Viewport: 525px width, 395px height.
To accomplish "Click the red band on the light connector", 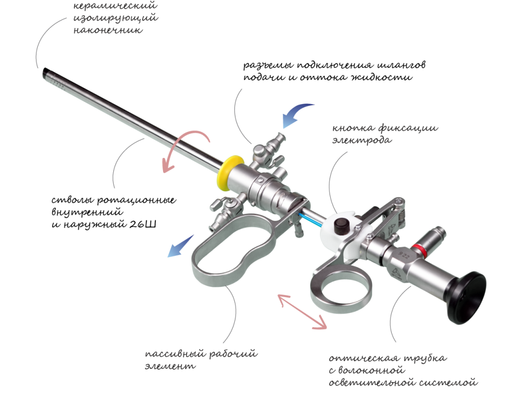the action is coord(418,250).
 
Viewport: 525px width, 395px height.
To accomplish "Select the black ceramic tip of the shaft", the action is coord(45,72).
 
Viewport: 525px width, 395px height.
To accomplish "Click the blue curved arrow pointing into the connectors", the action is coord(295,114).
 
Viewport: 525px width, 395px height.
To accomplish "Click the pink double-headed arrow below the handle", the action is coord(302,311).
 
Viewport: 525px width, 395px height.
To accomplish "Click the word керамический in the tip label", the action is coord(115,6).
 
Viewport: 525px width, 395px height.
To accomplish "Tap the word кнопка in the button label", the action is coord(353,128).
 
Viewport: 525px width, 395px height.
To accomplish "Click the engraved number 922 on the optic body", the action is coord(404,255).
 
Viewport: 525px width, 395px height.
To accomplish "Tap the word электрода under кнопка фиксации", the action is coord(361,140).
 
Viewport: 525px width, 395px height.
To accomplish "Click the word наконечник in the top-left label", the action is coord(108,30).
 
